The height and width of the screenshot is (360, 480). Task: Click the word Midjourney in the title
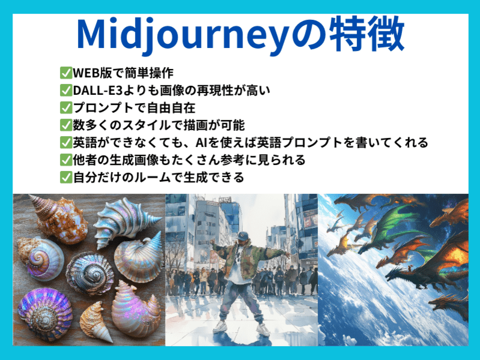point(182,35)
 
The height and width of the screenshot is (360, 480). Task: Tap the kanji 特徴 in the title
point(367,34)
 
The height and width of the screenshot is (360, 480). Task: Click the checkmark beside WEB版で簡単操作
point(65,73)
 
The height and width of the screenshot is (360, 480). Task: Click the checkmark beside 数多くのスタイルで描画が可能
point(65,125)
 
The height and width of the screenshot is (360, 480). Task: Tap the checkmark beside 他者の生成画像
point(65,160)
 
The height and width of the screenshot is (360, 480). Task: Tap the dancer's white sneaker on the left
point(220,327)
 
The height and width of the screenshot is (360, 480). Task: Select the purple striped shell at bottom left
point(45,314)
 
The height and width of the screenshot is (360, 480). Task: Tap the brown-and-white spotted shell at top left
point(58,217)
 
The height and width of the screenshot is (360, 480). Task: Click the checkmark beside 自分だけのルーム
point(65,178)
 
